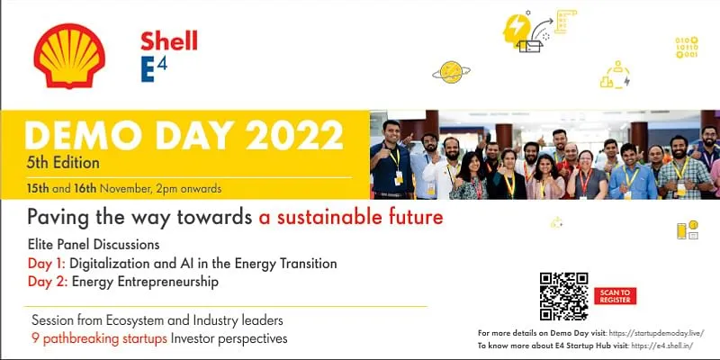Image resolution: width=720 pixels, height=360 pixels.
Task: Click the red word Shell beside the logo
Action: click(169, 40)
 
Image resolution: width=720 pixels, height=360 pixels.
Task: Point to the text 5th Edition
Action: click(62, 164)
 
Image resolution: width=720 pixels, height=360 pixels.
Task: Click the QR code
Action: click(563, 296)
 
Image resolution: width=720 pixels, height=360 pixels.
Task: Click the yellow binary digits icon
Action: click(686, 47)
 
